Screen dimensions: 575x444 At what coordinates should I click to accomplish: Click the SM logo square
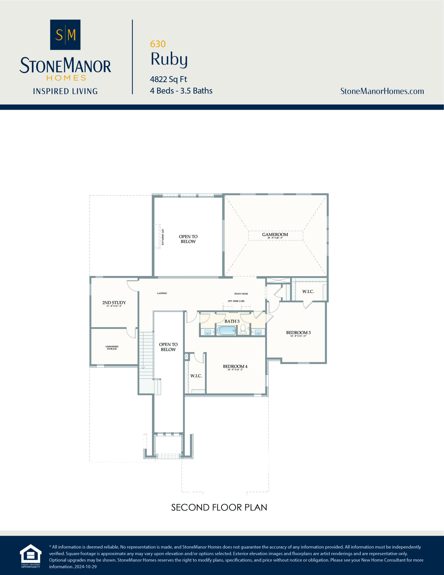pos(65,35)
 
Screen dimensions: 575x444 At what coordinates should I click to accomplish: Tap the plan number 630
pos(158,44)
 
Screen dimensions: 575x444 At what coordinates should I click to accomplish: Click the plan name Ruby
pos(169,59)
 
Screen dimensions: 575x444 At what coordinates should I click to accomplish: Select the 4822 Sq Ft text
pos(168,79)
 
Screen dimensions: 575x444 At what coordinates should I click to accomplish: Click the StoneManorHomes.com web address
pos(382,91)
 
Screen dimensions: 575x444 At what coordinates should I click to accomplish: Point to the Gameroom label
pos(275,234)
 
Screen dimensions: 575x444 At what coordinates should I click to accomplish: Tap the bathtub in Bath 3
pos(226,330)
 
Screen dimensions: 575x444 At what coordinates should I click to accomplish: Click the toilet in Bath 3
pos(243,329)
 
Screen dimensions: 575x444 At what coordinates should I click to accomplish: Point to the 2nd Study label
pos(114,303)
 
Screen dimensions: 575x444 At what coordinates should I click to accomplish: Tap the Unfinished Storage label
pos(112,347)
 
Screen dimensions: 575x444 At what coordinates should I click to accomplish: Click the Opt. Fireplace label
pos(163,237)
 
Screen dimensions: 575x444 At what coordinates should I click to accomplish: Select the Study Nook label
pos(241,294)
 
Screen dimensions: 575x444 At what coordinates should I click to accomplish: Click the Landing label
pos(162,293)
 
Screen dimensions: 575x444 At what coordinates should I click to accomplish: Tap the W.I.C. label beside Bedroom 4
pos(196,376)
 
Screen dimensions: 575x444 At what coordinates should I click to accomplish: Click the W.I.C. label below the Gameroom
pos(308,292)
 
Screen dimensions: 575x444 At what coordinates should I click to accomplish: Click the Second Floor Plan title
pos(219,507)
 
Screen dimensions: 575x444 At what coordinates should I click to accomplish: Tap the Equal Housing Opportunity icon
pos(31,556)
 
